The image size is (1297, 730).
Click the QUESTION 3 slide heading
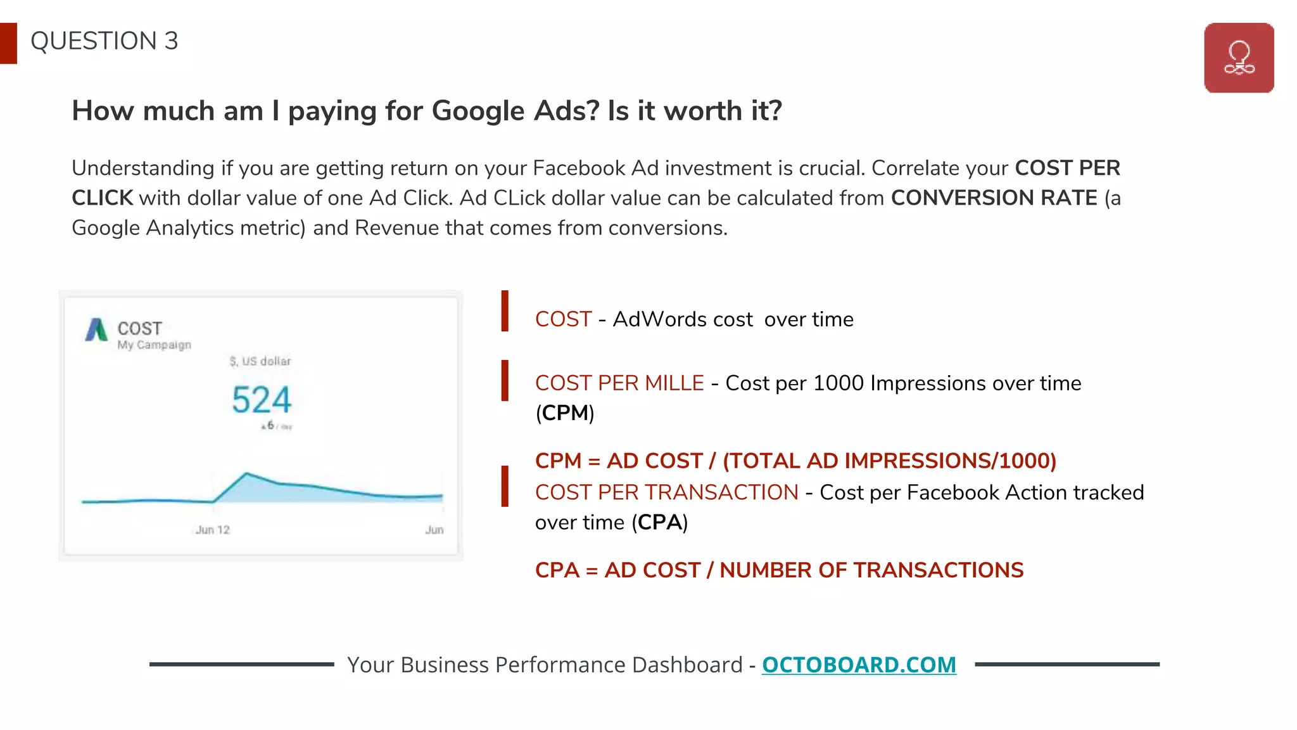point(104,41)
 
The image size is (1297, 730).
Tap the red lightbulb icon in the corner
point(1239,58)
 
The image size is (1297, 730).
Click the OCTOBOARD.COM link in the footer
point(859,665)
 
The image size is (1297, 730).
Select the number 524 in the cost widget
point(262,400)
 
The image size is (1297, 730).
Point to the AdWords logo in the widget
point(96,330)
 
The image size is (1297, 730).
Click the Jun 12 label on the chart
point(212,530)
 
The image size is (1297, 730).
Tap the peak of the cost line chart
point(246,473)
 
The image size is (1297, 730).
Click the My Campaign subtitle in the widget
point(154,345)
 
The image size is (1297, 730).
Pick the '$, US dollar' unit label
point(260,361)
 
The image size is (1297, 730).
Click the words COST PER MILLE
point(619,383)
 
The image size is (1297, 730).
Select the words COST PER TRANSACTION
point(666,492)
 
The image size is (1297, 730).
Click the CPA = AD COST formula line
point(779,570)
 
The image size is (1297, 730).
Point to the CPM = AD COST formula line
point(795,461)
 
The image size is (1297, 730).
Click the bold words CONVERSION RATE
point(994,198)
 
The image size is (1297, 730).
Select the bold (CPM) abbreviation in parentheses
point(565,413)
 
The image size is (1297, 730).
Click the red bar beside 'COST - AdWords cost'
point(505,311)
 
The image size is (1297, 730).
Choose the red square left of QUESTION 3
point(8,43)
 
